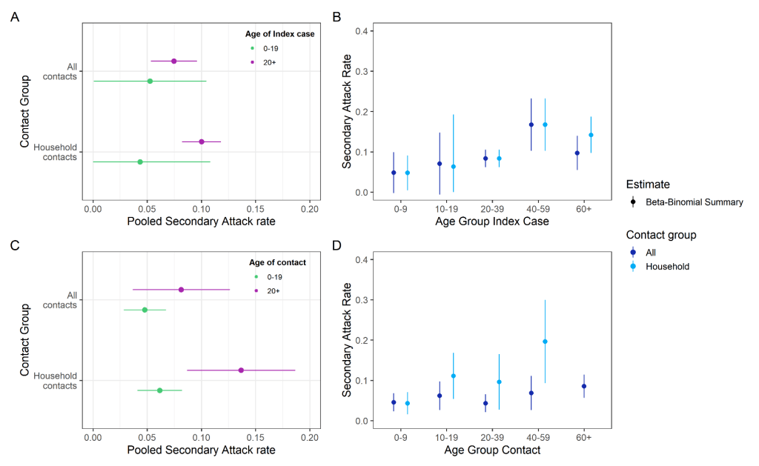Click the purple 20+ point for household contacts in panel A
[202, 142]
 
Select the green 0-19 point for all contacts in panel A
[150, 81]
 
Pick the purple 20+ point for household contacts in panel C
[241, 370]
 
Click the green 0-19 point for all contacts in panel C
[145, 310]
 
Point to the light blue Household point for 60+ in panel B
[591, 135]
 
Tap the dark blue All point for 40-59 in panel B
[531, 124]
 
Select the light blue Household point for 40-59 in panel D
[545, 342]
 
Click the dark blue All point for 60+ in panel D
[584, 386]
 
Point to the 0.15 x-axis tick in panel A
[255, 210]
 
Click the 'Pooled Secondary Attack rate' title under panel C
[201, 450]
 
